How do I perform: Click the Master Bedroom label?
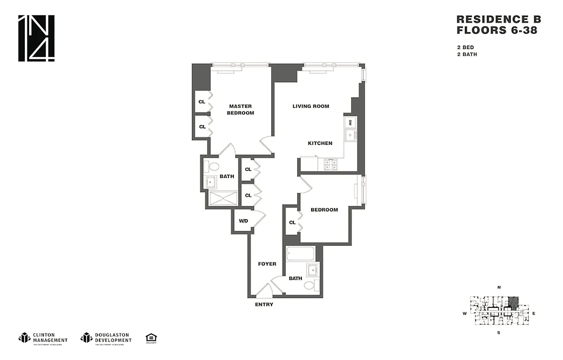[241, 109]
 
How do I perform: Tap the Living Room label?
[311, 106]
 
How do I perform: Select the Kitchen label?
[320, 143]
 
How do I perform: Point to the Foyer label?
[267, 264]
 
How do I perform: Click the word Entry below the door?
[264, 305]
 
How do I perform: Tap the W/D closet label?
[243, 221]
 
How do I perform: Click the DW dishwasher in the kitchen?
[350, 122]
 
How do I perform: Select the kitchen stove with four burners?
[331, 165]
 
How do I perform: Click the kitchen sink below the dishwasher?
[350, 135]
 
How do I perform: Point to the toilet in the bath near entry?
[311, 285]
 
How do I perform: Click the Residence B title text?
[498, 19]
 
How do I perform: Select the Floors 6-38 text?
[496, 31]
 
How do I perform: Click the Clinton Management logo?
[43, 337]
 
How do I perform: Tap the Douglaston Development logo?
[106, 337]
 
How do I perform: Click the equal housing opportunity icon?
[151, 338]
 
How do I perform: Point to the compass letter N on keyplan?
[499, 287]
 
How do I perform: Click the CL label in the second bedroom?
[292, 222]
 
